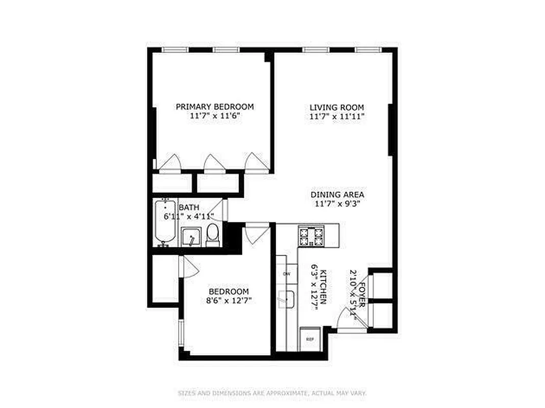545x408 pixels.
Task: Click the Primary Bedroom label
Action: [214, 107]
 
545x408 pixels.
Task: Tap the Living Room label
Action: [337, 107]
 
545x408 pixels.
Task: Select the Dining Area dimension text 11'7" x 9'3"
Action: [337, 204]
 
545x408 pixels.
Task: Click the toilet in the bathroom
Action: [213, 235]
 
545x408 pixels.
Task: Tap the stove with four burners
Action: [311, 236]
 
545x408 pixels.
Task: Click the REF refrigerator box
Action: [309, 339]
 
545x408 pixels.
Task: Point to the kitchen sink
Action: [287, 299]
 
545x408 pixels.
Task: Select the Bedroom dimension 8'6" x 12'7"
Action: [229, 301]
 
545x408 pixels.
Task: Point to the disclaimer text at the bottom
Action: [272, 393]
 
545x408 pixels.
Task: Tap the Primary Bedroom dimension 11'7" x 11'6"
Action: [214, 116]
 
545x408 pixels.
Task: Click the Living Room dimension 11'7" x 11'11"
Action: [337, 116]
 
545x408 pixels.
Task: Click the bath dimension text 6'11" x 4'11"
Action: [188, 216]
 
